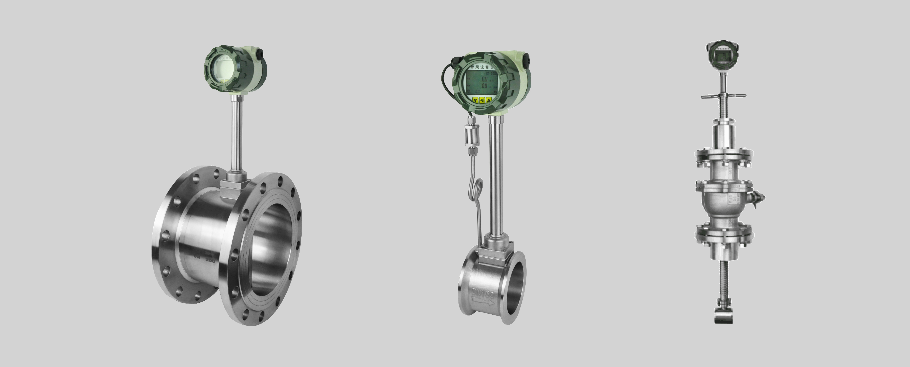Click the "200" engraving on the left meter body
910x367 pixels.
(210, 260)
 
